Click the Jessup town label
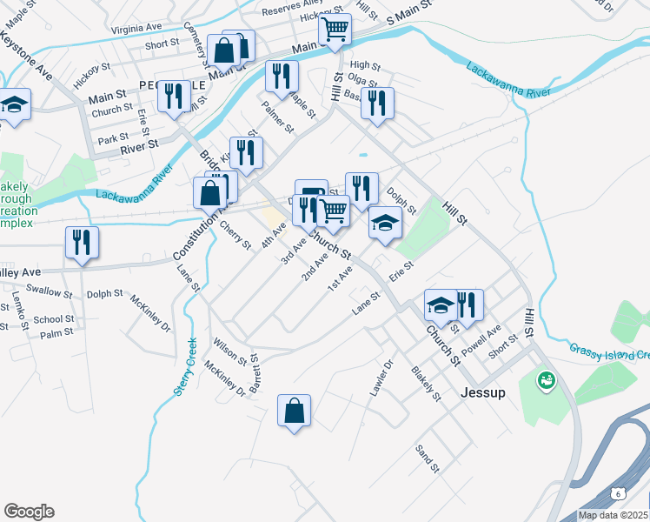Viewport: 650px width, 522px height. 483,392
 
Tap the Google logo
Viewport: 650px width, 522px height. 29,512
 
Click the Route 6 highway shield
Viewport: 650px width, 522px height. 617,492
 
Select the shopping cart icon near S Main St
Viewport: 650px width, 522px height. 335,30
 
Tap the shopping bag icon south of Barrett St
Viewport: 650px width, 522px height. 295,411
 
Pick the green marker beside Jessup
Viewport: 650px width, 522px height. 547,380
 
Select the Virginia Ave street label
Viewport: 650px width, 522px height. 139,29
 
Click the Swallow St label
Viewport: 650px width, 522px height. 49,290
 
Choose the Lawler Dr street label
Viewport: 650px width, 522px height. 381,378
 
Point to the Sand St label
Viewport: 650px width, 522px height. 427,457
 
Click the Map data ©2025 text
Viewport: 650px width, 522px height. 614,515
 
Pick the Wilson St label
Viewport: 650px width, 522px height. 230,351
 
